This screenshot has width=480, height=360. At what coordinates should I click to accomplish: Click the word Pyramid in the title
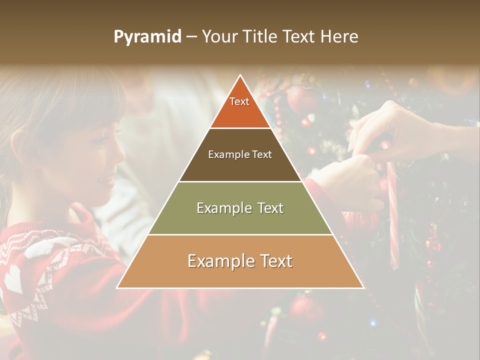[x=147, y=37]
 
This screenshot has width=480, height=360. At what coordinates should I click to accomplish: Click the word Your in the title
[x=220, y=36]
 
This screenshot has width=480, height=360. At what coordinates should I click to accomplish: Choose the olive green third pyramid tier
[x=240, y=220]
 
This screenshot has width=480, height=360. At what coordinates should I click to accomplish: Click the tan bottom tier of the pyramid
[x=240, y=275]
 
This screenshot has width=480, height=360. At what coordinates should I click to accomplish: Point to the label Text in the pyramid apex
[x=239, y=101]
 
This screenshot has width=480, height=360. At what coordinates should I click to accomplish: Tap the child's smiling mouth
[x=104, y=179]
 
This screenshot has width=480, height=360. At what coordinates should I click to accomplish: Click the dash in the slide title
[x=191, y=37]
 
